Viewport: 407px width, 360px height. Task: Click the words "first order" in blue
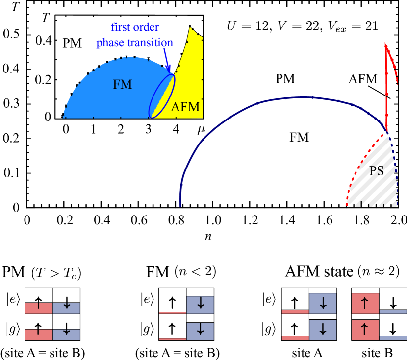click(x=134, y=27)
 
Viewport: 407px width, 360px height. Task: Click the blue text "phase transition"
click(x=134, y=43)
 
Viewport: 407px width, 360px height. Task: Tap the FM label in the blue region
click(x=122, y=85)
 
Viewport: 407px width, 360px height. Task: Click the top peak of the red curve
click(x=386, y=45)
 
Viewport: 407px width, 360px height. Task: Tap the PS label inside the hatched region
click(x=376, y=170)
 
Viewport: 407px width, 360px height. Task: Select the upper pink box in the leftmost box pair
click(x=39, y=308)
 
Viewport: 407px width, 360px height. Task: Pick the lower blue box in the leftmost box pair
click(x=66, y=335)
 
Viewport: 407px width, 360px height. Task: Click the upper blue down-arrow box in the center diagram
click(x=200, y=305)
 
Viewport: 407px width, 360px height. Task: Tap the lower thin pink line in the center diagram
click(x=173, y=338)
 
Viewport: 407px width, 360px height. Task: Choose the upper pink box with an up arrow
click(x=365, y=303)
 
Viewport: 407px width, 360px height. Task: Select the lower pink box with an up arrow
click(x=365, y=330)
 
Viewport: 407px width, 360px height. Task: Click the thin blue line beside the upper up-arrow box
click(x=393, y=312)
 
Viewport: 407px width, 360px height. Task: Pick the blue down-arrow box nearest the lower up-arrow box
click(x=323, y=330)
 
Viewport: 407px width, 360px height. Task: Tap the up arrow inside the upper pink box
click(x=365, y=303)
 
